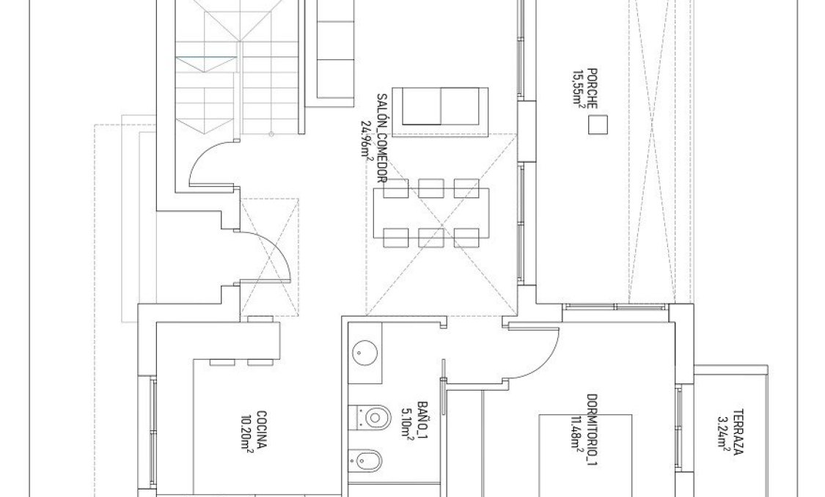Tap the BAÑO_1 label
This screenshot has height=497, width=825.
(422, 418)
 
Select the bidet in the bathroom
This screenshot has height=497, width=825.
(369, 460)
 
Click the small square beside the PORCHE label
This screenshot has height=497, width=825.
(598, 126)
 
